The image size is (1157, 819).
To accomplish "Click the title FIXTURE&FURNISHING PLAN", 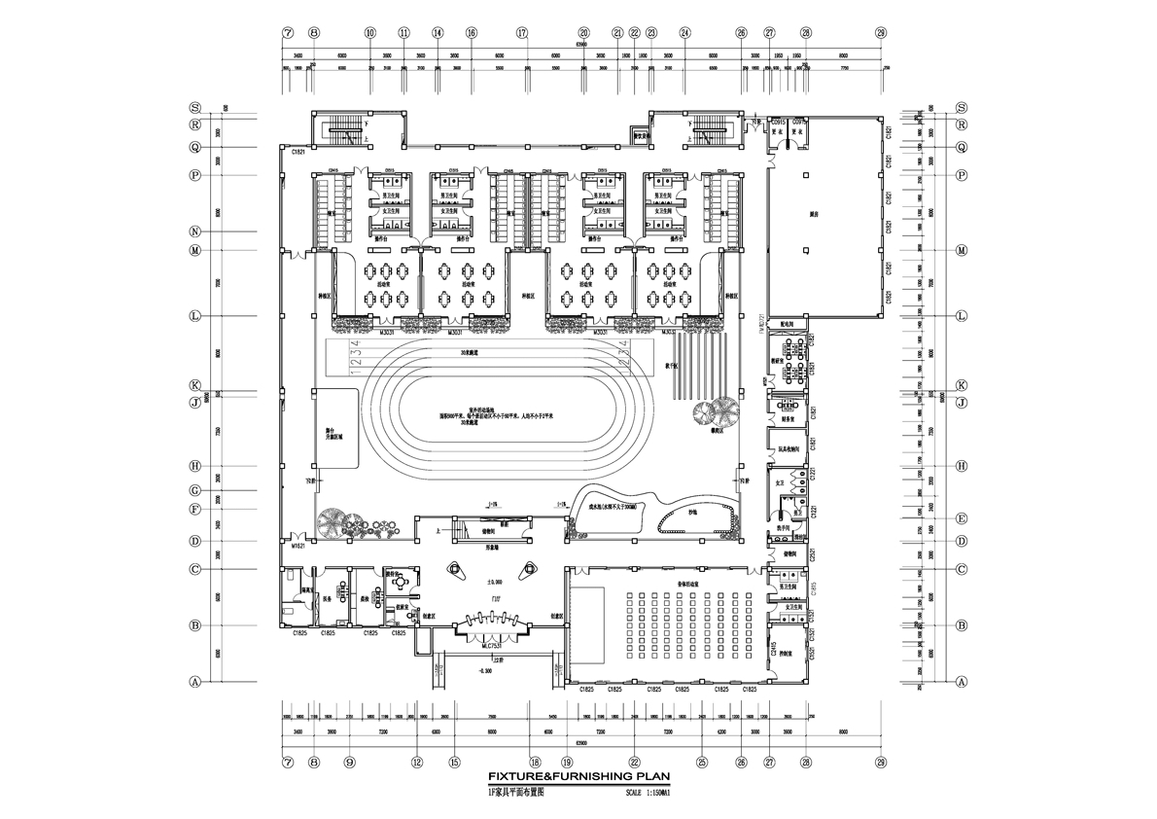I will [x=577, y=777].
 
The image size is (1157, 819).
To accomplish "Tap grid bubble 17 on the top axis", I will [x=522, y=32].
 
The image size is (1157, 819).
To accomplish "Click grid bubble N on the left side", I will [x=195, y=231].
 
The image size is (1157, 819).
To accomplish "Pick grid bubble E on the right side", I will [x=961, y=518].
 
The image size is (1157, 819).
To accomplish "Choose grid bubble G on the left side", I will [x=195, y=490].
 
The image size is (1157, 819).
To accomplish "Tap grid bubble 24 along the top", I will [x=685, y=32].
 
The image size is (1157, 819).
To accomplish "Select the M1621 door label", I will [x=298, y=547].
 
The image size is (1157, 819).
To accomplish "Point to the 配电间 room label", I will [x=789, y=325].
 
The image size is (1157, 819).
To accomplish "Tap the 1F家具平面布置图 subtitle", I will [x=516, y=793].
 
